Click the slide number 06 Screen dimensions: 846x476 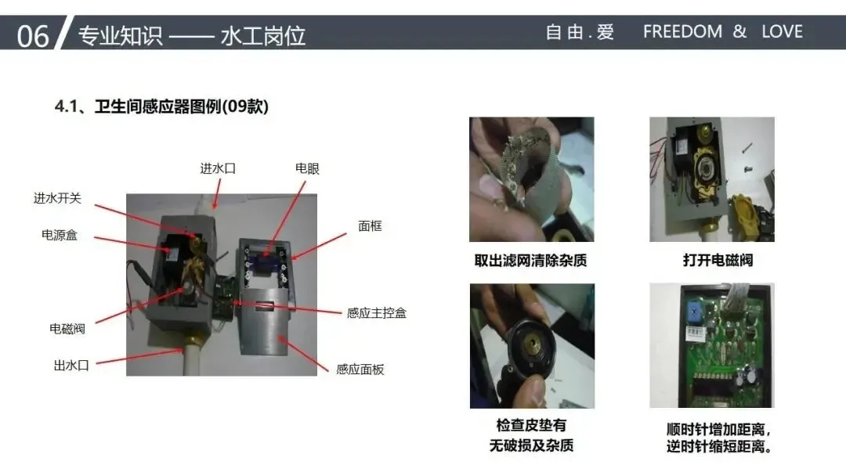(32, 36)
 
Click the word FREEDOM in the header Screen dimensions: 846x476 (682, 32)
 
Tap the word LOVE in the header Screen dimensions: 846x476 (783, 32)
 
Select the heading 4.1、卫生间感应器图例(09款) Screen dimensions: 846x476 (161, 106)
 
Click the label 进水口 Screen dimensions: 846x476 (218, 169)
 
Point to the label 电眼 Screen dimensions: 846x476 (307, 169)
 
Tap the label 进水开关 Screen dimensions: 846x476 (57, 198)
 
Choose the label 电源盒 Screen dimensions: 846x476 (60, 235)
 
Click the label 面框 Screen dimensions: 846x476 (370, 226)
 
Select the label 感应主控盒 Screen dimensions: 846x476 (377, 313)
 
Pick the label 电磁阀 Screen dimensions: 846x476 (67, 329)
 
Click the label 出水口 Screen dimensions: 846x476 (71, 366)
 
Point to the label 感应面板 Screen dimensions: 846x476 (360, 370)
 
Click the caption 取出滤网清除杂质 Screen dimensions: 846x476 (530, 261)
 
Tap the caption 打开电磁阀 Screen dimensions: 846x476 (718, 261)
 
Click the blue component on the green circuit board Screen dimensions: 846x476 (694, 312)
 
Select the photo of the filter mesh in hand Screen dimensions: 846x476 (531, 179)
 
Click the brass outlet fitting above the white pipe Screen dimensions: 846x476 (192, 338)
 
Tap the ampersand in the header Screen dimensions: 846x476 (739, 32)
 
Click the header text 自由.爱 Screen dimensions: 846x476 (580, 32)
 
